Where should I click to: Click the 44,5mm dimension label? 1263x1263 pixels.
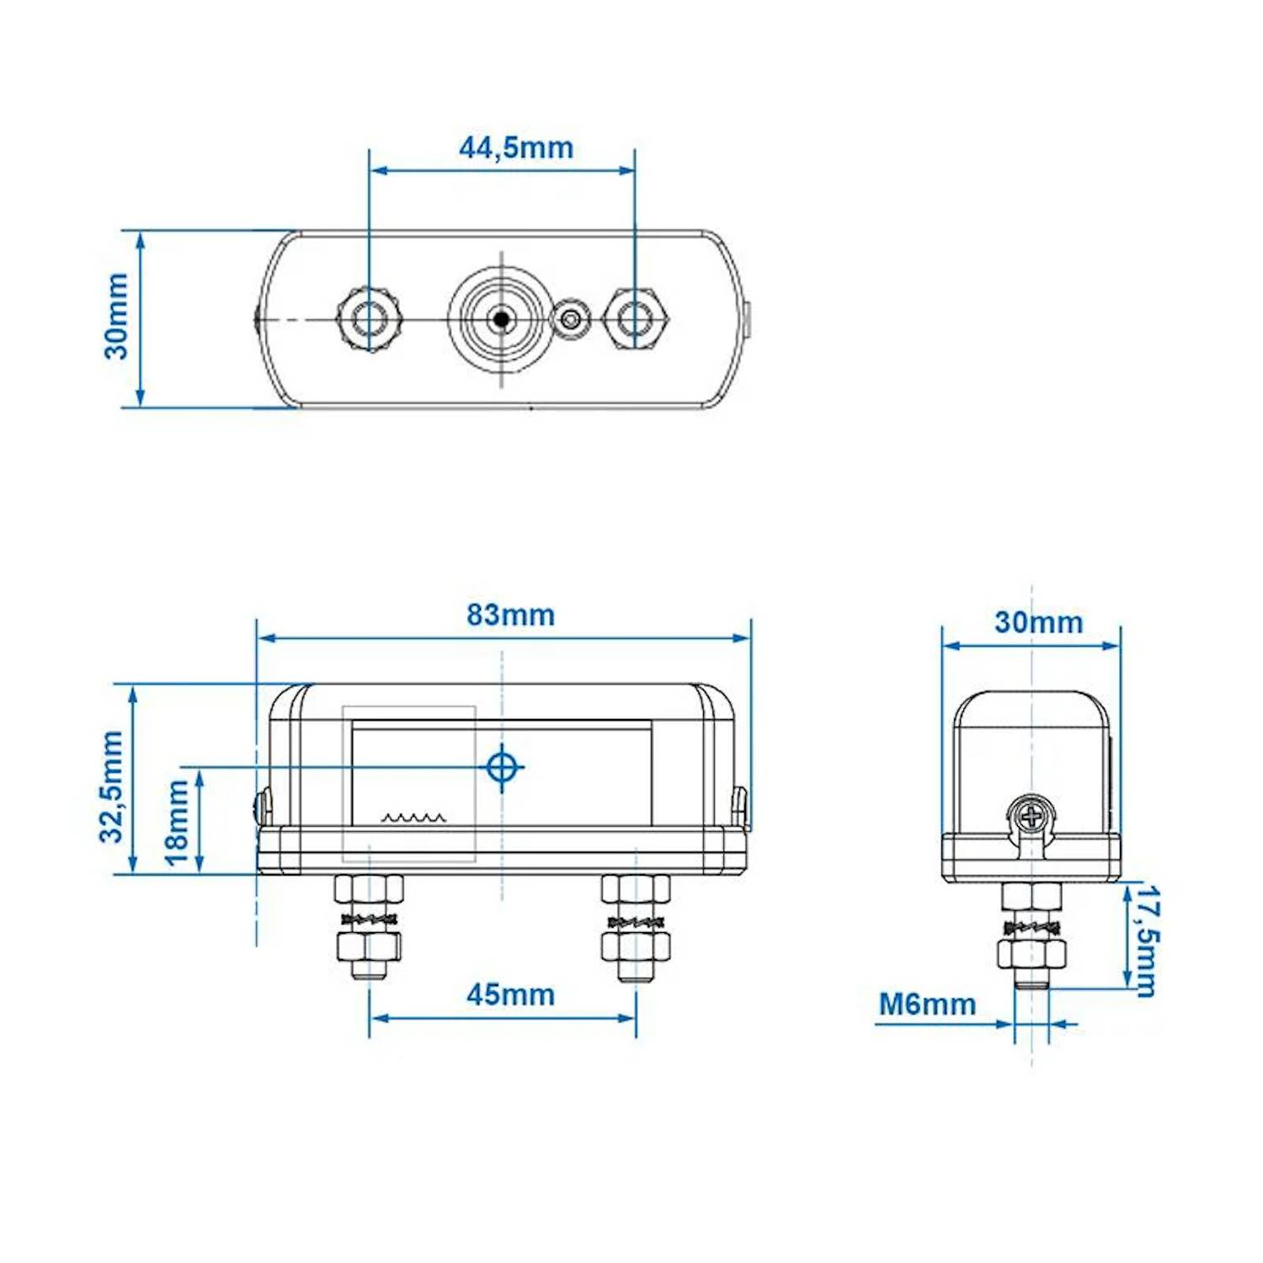(515, 147)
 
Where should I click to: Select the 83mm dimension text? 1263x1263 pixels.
(510, 615)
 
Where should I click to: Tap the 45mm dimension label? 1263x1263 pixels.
(510, 994)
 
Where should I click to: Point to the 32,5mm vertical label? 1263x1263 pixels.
(112, 786)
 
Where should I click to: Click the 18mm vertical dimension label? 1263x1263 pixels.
(177, 822)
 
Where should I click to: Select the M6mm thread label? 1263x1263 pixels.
(927, 1004)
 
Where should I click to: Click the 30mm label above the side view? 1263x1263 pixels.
(1038, 622)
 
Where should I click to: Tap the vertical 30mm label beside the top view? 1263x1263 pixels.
(116, 316)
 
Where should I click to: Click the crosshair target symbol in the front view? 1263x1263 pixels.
(502, 767)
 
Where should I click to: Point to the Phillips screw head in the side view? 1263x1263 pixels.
(1031, 816)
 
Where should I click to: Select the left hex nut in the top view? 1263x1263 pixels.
(369, 320)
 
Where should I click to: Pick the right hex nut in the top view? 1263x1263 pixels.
(636, 319)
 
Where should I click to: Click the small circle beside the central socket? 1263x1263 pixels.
(572, 320)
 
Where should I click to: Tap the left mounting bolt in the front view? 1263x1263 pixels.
(369, 926)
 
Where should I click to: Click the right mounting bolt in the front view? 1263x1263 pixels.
(636, 926)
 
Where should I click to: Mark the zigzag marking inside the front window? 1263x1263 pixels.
(413, 817)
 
